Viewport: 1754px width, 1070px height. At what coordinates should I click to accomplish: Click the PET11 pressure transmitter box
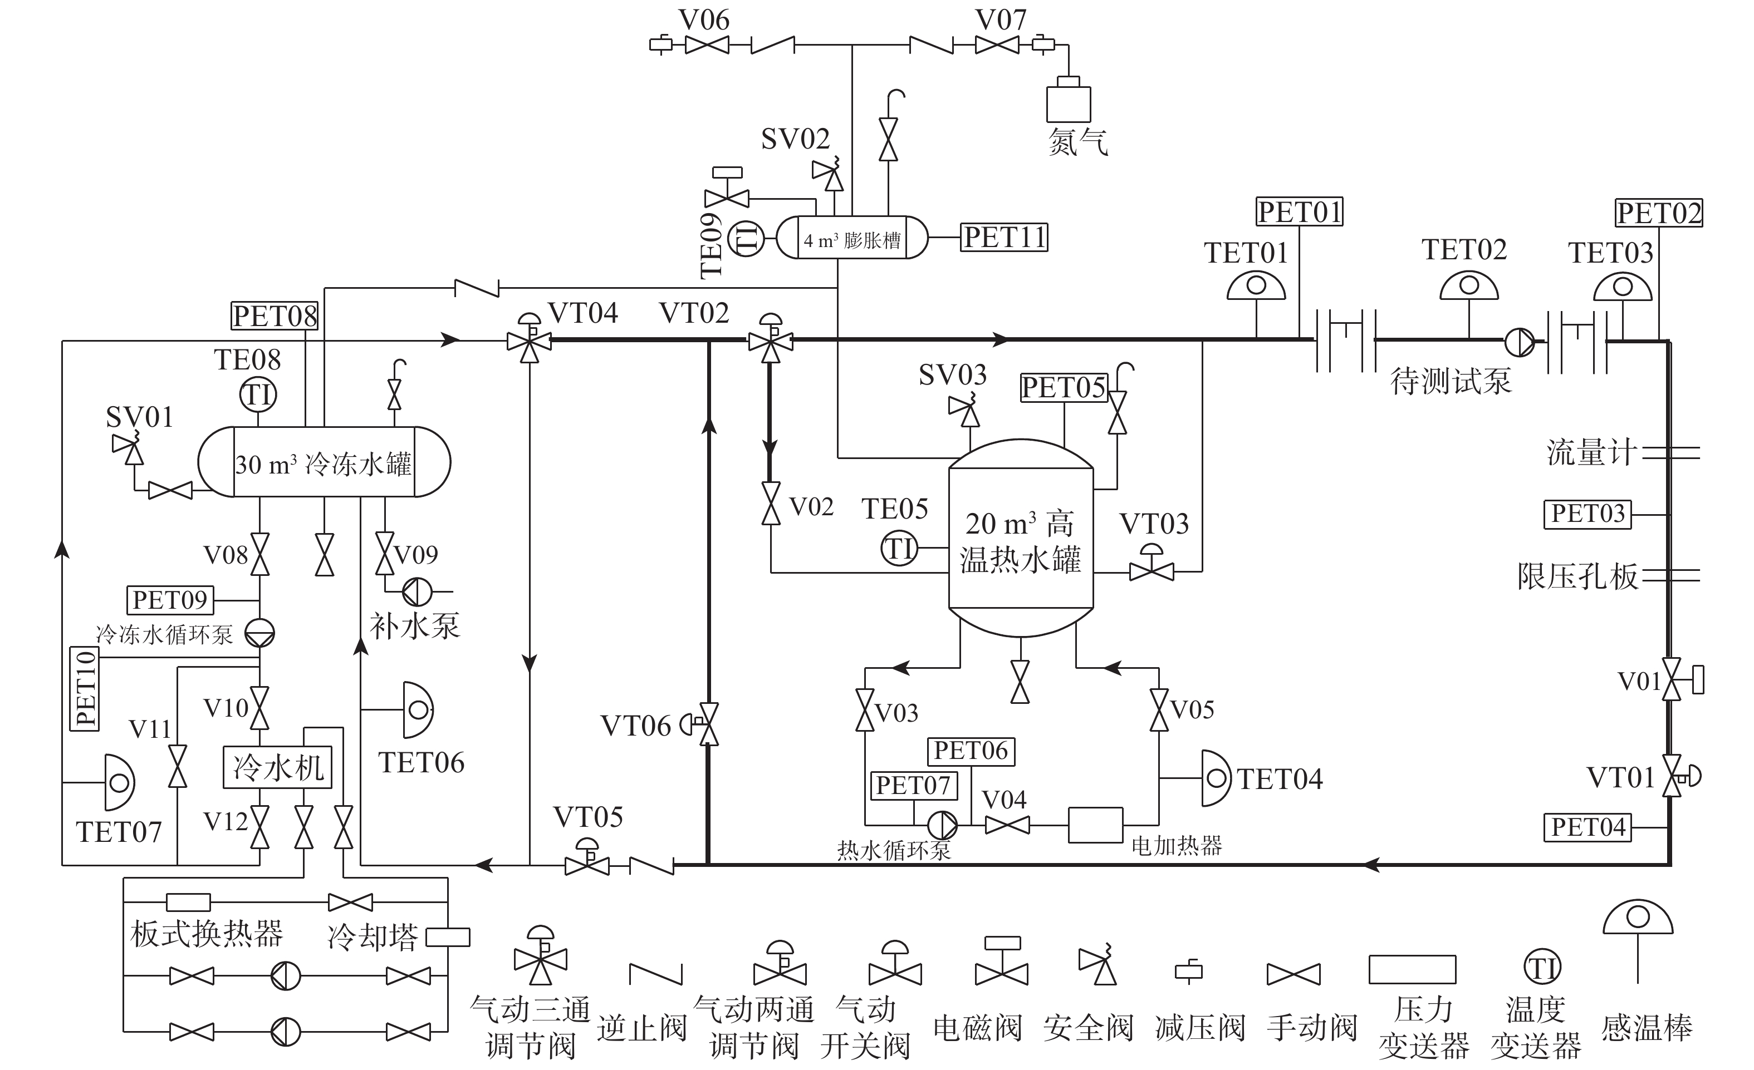[x=1005, y=238]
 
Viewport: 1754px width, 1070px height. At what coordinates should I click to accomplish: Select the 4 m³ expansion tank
[x=852, y=238]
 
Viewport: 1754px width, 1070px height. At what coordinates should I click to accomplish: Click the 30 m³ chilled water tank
[x=324, y=462]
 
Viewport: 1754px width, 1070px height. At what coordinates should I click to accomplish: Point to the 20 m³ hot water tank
[x=1021, y=538]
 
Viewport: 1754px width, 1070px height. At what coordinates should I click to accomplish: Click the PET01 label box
[x=1299, y=212]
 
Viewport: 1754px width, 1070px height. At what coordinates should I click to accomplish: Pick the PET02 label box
[x=1659, y=213]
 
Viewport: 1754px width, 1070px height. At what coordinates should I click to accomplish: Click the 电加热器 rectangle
[x=1095, y=825]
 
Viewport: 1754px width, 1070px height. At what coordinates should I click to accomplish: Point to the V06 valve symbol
[x=707, y=45]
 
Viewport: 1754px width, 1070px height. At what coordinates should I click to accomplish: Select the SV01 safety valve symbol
[x=128, y=448]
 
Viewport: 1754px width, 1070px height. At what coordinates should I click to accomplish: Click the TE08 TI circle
[x=258, y=395]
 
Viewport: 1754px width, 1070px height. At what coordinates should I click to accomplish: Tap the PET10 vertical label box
[x=85, y=689]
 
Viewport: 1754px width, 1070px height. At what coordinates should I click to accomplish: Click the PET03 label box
[x=1588, y=514]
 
